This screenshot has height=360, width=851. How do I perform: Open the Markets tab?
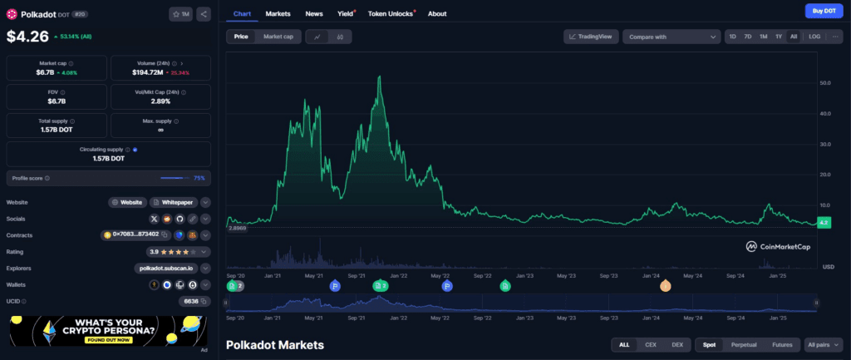pyautogui.click(x=278, y=14)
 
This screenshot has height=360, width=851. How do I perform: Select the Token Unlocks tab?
pyautogui.click(x=390, y=14)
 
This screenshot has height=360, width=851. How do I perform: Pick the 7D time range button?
pyautogui.click(x=748, y=37)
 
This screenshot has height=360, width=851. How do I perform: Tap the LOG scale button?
pyautogui.click(x=814, y=37)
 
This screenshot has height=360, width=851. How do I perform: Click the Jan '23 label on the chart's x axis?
pyautogui.click(x=524, y=274)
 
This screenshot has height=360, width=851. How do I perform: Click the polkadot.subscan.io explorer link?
pyautogui.click(x=165, y=269)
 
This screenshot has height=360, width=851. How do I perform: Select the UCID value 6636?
pyautogui.click(x=191, y=301)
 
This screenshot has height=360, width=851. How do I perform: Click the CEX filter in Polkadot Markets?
pyautogui.click(x=651, y=344)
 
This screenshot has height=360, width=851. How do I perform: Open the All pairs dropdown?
pyautogui.click(x=823, y=344)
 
